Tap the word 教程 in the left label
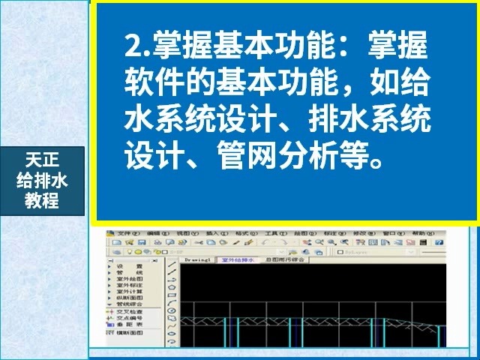click(41, 200)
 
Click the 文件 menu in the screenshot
click(124, 233)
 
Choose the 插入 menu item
click(211, 233)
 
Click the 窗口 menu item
click(388, 233)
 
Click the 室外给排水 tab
click(235, 259)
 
